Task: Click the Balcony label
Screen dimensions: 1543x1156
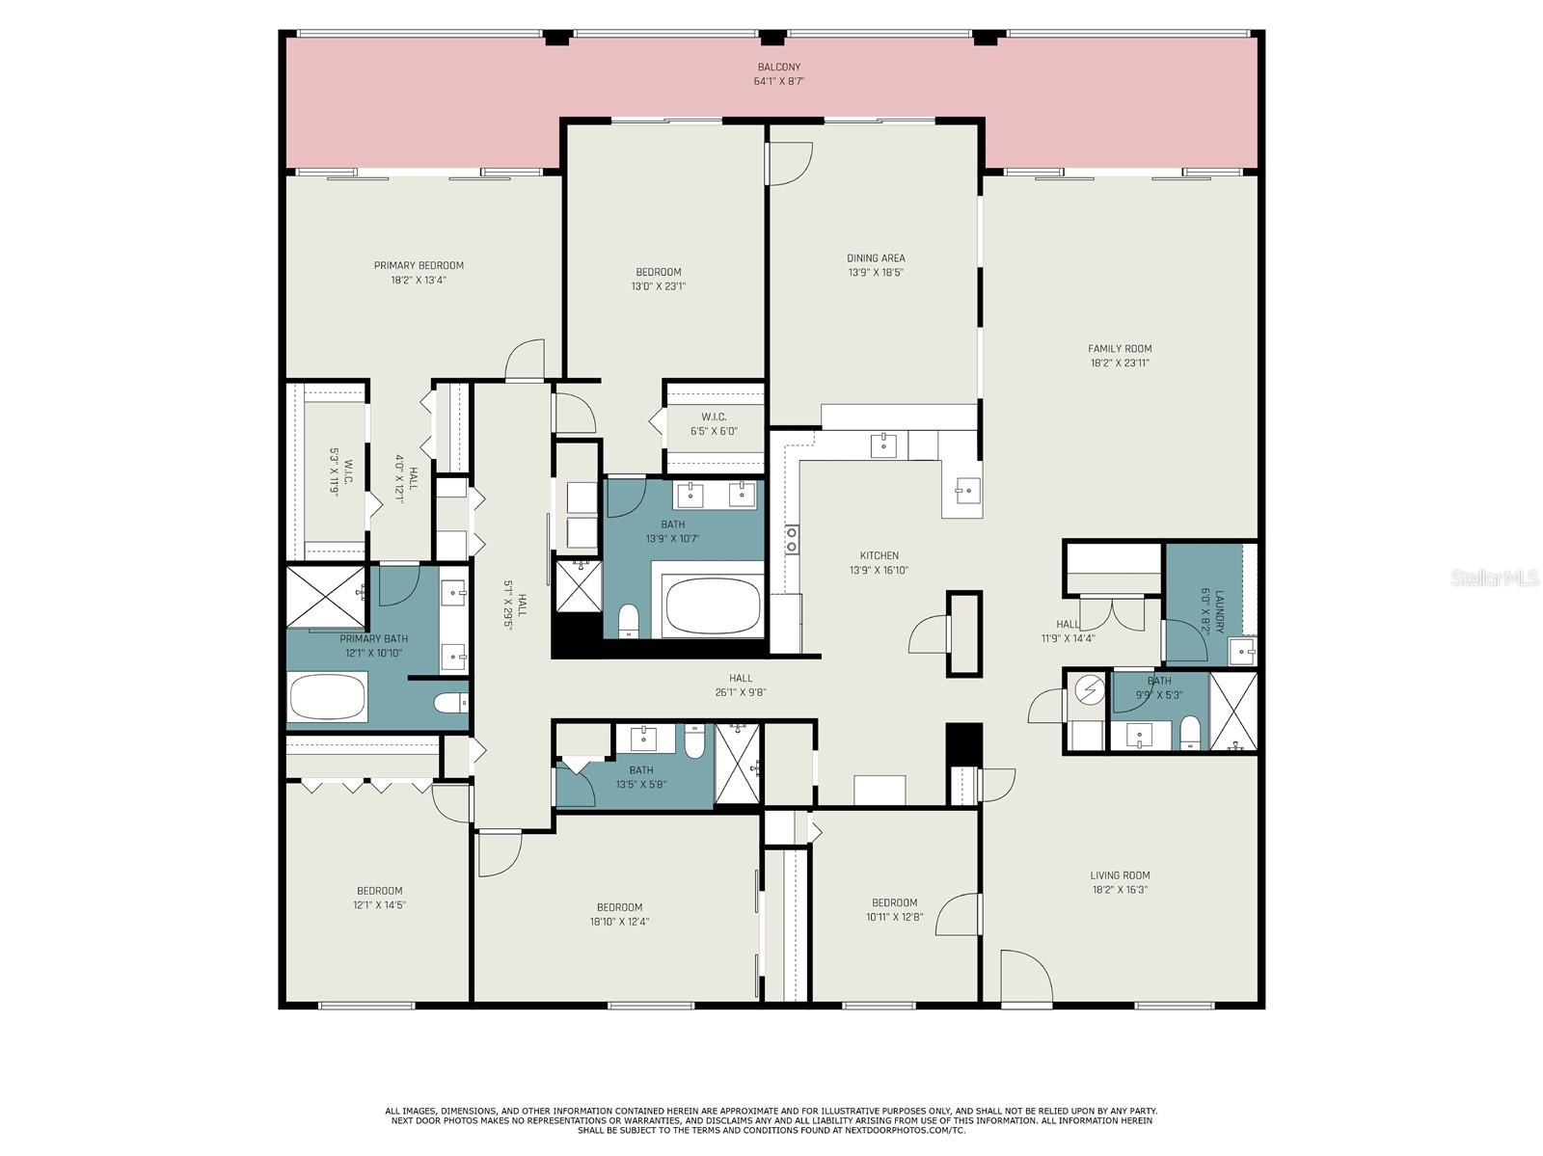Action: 778,67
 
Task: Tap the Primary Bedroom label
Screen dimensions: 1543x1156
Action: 419,265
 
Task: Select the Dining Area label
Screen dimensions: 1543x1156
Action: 876,257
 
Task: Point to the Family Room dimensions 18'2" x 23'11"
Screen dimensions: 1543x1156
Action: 1119,363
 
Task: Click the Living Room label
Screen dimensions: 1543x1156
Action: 1120,874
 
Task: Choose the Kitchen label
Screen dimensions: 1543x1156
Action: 879,555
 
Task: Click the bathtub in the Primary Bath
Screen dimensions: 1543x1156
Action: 327,696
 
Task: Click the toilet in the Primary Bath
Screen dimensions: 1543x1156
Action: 450,701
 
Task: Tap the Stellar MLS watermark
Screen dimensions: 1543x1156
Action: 1495,578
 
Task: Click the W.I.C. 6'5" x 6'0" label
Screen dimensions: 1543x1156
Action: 714,424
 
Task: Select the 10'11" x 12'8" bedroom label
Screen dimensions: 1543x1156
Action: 894,909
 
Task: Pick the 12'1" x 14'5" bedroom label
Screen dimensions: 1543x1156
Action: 380,898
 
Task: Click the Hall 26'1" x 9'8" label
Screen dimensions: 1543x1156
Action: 741,685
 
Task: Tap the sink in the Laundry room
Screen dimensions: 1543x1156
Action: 1242,652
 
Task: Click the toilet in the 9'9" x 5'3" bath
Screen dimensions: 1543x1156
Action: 1189,733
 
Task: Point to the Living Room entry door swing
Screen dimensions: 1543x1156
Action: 1026,978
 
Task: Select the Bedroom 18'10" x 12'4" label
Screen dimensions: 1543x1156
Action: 619,914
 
